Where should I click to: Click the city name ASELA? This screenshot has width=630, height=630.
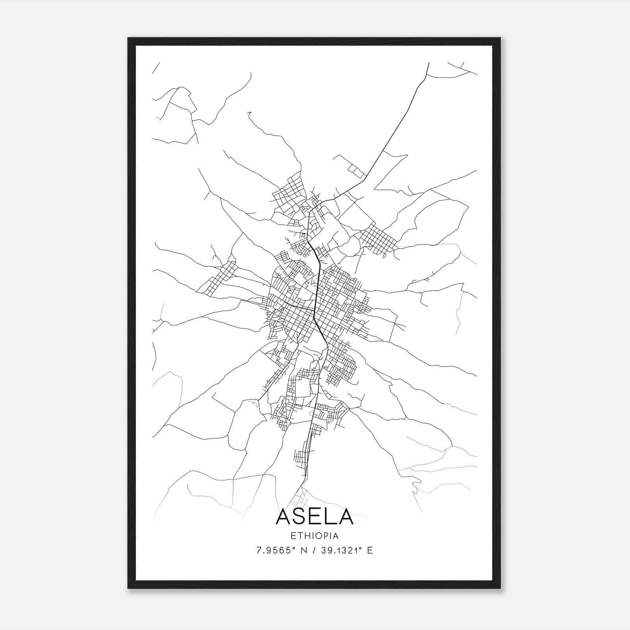click(315, 517)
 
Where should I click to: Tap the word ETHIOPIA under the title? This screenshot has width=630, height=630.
click(315, 536)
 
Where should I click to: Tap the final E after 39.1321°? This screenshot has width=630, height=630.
click(370, 550)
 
